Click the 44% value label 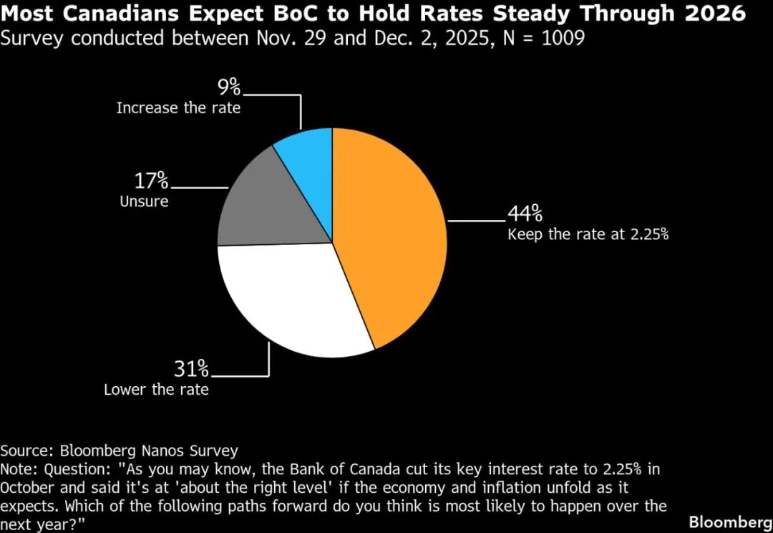tap(525, 213)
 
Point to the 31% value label tap(191, 370)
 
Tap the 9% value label tap(230, 87)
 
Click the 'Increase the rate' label tap(178, 108)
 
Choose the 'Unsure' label tap(144, 201)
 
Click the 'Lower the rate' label tap(156, 390)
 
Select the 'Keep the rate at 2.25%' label tap(588, 234)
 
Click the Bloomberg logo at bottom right tap(730, 522)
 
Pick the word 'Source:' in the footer tap(27, 451)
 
